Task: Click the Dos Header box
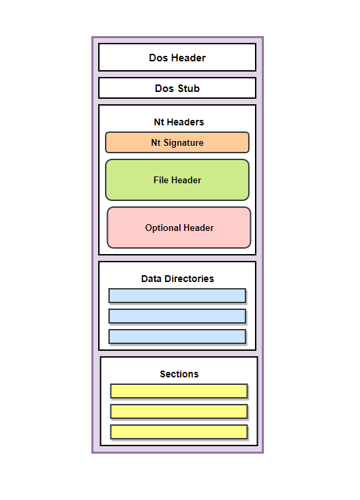coord(177,57)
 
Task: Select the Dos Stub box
coord(177,88)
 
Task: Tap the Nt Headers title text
coord(179,122)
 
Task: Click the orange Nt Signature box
coord(177,142)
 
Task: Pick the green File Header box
coord(177,180)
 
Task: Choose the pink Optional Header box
coord(179,228)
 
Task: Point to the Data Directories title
coord(177,279)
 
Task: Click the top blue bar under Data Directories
coord(177,296)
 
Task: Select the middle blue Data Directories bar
coord(177,316)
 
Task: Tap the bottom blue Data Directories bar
coord(177,337)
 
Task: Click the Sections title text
coord(179,374)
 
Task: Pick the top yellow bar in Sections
coord(179,391)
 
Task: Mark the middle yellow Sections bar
coord(179,411)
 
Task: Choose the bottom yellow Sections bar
coord(179,432)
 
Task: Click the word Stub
coord(189,89)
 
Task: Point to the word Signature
coord(183,143)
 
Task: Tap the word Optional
coord(163,228)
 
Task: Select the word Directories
coord(190,279)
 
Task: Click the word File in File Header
coord(161,180)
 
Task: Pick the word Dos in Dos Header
coord(158,58)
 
